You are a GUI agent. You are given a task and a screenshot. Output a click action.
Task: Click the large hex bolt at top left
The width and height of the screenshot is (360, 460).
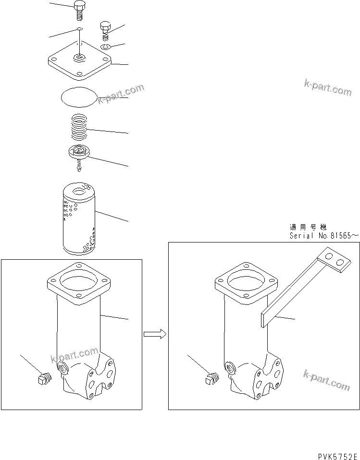(x=80, y=9)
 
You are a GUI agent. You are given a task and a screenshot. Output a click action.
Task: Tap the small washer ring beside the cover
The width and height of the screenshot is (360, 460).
(x=106, y=47)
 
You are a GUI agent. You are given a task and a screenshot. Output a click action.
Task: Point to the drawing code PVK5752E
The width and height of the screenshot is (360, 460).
(x=338, y=454)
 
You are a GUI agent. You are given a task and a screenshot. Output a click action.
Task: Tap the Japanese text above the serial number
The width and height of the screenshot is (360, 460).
(x=308, y=227)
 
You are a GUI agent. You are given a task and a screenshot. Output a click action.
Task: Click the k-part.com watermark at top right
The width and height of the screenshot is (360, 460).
(x=327, y=87)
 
